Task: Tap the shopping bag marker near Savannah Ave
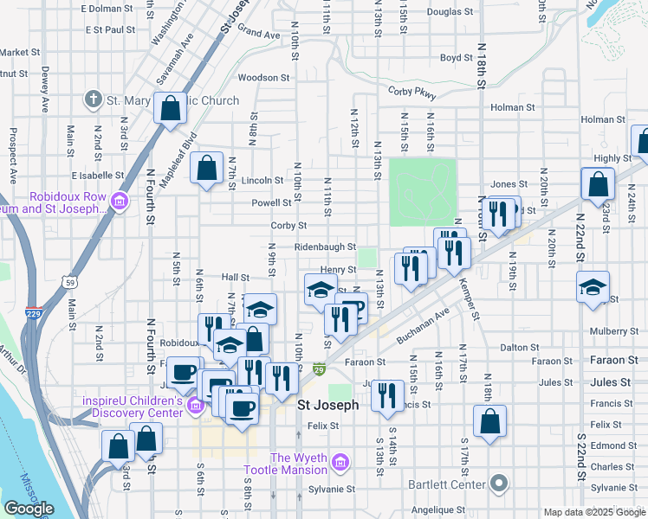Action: tap(171, 109)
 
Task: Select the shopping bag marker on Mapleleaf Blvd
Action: tap(207, 170)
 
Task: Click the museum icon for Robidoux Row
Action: tap(120, 202)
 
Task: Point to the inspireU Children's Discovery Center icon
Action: tap(195, 402)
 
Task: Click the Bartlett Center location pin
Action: tap(498, 483)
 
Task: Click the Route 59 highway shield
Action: tap(68, 281)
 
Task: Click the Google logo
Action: tap(29, 509)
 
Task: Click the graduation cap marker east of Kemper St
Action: tap(593, 289)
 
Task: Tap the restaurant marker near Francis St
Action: tap(387, 395)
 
